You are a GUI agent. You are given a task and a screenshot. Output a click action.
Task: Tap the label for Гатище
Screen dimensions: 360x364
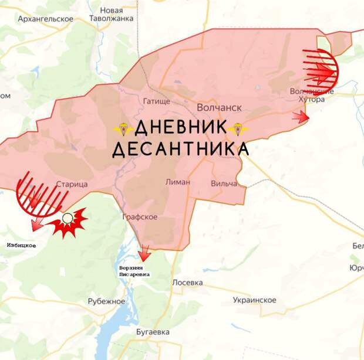click(156, 101)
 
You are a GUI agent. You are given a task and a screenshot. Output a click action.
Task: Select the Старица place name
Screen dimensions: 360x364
click(72, 184)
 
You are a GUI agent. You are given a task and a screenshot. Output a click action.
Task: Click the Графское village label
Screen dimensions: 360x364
click(140, 217)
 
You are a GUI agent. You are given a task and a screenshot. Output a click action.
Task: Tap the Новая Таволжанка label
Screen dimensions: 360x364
click(111, 15)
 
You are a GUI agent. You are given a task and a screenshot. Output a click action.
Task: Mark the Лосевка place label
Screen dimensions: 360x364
click(188, 283)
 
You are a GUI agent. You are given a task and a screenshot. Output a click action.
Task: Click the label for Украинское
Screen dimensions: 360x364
click(254, 300)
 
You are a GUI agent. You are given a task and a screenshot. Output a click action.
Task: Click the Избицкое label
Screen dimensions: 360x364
click(21, 245)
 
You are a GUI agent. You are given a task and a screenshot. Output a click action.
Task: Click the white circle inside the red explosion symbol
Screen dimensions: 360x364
click(68, 219)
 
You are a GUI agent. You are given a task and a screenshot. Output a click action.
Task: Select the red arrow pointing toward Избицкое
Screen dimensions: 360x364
click(37, 224)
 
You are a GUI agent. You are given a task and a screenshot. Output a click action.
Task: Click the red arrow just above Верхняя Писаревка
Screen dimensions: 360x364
click(144, 253)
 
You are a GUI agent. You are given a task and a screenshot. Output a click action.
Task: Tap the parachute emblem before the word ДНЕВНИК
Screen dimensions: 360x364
click(123, 128)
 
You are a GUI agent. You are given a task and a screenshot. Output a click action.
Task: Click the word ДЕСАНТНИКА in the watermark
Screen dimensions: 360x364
click(180, 150)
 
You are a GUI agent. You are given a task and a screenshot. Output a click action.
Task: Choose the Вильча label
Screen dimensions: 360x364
click(224, 184)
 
